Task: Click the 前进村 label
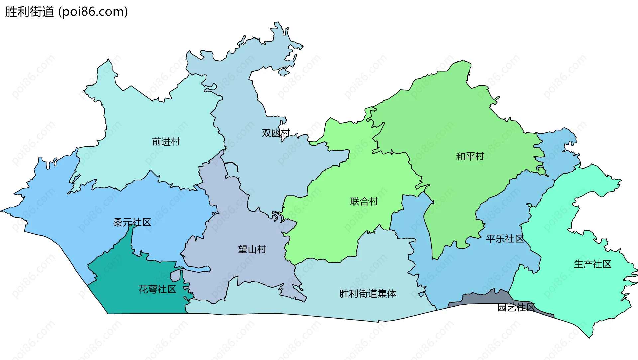click(166, 142)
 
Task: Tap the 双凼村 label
click(276, 133)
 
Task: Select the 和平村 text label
click(470, 156)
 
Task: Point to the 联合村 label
click(364, 201)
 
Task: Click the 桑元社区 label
click(132, 222)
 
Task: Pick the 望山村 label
click(252, 249)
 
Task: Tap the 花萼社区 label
click(157, 289)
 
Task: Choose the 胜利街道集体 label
click(368, 294)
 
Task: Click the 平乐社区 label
click(505, 239)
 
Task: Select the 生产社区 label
click(592, 264)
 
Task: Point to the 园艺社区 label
click(516, 307)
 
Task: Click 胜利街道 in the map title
click(29, 12)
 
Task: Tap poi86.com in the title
click(93, 12)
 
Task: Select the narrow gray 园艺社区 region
click(482, 299)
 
